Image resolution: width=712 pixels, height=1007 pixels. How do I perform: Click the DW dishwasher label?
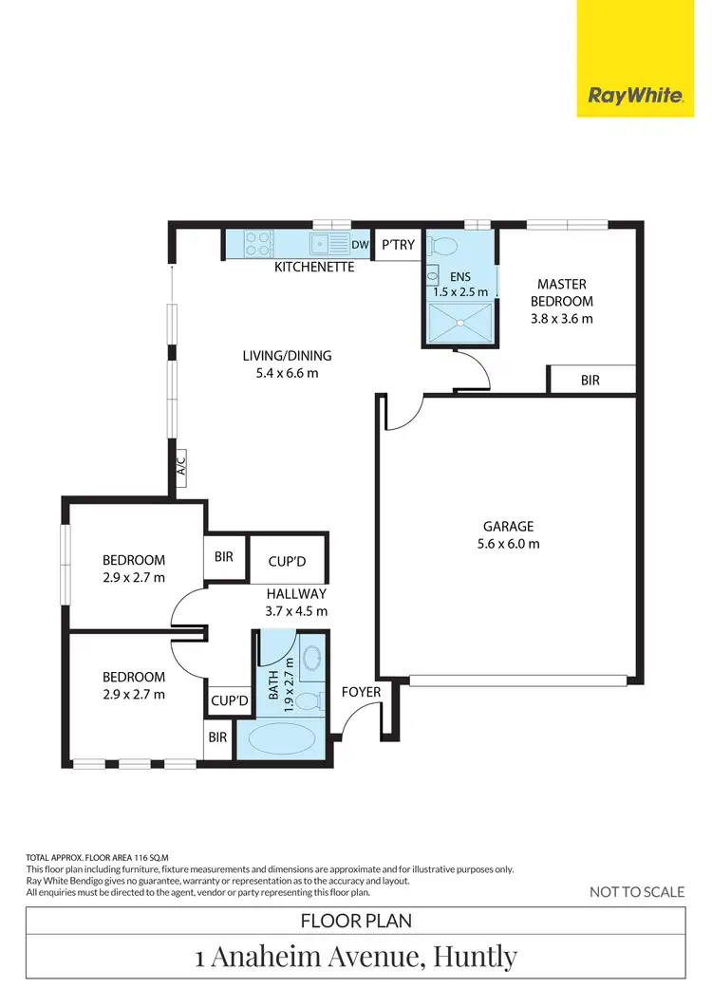360,244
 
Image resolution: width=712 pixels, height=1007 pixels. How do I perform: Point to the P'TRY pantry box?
398,244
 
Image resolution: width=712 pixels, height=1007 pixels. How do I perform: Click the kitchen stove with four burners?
256,244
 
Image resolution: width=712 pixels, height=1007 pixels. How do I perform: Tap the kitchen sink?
326,244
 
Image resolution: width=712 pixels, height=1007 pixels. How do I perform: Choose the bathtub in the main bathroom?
284,740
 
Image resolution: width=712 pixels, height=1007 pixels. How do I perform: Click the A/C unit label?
180,468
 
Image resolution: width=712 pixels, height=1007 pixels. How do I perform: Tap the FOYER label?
361,692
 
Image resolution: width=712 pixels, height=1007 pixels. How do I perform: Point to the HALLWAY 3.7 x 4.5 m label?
296,603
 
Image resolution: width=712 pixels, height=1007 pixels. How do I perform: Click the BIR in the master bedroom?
590,380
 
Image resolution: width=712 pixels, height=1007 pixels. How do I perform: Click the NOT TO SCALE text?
637,891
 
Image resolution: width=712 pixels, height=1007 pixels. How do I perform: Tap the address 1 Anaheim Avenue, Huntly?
356,957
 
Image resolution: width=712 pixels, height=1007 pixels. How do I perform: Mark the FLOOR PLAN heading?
356,920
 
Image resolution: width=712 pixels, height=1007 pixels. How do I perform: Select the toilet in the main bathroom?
307,701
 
